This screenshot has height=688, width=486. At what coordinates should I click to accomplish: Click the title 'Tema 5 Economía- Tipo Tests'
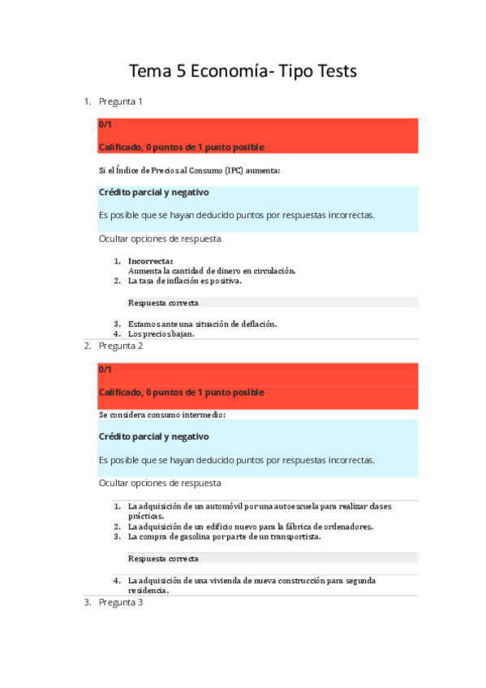click(243, 71)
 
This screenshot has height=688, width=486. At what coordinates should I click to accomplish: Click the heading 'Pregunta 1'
click(121, 101)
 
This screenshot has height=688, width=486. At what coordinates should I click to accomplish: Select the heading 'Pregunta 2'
click(121, 346)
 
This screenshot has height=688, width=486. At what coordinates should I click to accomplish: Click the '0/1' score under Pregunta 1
click(105, 125)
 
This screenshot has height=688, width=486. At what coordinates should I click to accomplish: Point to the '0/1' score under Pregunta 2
click(105, 370)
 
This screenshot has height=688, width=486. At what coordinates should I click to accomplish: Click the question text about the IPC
click(190, 170)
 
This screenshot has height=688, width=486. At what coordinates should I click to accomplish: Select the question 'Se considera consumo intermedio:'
click(162, 415)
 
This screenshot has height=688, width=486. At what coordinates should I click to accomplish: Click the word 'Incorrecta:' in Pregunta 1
click(150, 261)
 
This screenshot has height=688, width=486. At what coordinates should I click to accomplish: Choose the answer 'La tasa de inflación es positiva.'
click(184, 281)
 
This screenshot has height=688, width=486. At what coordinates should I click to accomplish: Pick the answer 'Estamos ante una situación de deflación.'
click(202, 324)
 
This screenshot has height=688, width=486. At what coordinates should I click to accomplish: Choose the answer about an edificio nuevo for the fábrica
click(239, 527)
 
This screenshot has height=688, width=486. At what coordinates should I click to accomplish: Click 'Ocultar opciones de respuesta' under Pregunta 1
click(160, 239)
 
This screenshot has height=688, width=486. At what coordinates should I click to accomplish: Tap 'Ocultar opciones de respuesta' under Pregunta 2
click(160, 483)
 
